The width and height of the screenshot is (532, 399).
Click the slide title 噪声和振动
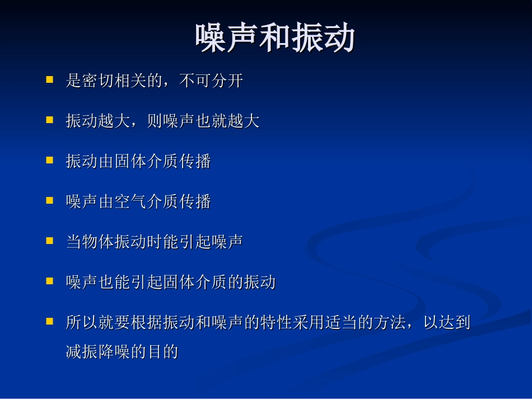click(275, 39)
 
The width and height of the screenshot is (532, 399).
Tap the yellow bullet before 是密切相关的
click(49, 79)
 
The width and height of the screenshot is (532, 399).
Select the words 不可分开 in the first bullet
click(211, 81)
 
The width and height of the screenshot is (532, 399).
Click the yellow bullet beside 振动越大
click(49, 120)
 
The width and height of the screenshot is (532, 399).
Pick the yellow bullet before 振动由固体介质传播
click(49, 160)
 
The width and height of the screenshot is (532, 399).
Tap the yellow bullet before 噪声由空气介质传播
click(49, 200)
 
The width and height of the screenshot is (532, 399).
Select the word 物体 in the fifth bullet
click(98, 242)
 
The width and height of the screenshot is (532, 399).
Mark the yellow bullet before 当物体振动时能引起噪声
click(49, 241)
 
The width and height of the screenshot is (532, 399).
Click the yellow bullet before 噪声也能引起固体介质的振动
click(49, 281)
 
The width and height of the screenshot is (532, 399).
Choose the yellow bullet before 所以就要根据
click(49, 321)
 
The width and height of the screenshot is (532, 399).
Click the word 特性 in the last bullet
click(277, 322)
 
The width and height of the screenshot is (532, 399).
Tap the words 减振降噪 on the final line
click(98, 351)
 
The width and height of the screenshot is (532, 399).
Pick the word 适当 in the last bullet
click(342, 322)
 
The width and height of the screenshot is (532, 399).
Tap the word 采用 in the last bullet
click(309, 322)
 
